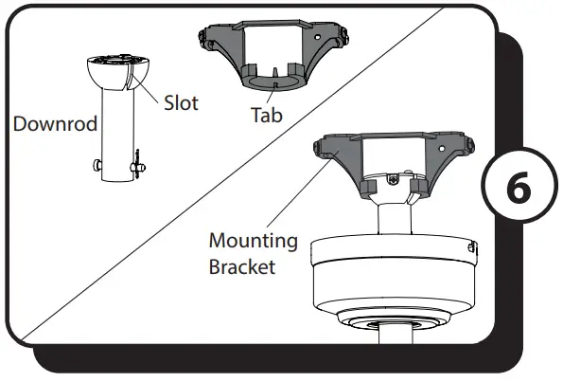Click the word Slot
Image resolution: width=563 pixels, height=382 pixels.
(x=182, y=103)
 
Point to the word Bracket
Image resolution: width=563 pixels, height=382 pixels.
(x=242, y=266)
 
